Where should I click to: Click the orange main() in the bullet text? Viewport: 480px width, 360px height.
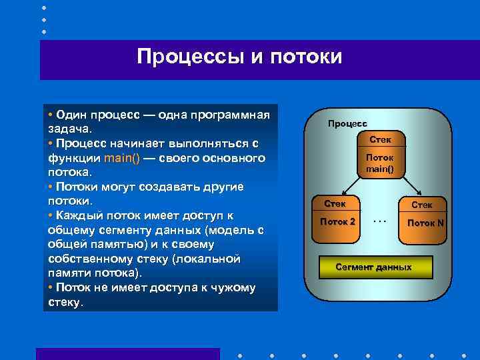click(x=121, y=158)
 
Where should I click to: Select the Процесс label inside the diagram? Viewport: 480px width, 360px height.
click(x=347, y=123)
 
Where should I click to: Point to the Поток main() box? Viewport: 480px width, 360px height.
click(x=379, y=163)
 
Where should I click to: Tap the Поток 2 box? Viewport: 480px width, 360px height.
click(x=338, y=221)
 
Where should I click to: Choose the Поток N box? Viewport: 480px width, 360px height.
click(x=425, y=223)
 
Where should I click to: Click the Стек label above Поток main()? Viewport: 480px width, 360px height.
click(x=380, y=139)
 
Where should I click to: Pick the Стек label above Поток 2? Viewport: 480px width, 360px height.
click(x=335, y=203)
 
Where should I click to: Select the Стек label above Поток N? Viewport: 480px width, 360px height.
click(x=422, y=205)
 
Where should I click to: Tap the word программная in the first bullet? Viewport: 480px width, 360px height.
click(x=229, y=115)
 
